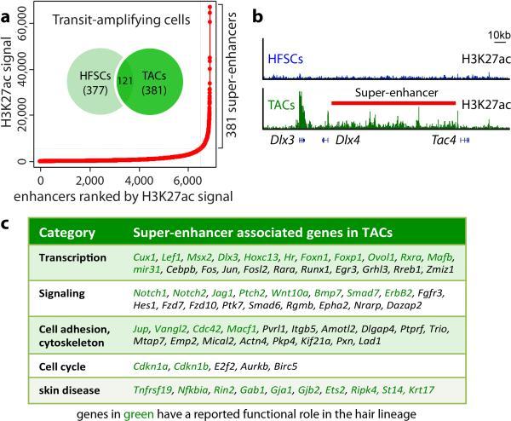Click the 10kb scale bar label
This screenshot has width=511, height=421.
click(x=488, y=34)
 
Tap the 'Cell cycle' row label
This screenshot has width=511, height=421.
click(x=66, y=364)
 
